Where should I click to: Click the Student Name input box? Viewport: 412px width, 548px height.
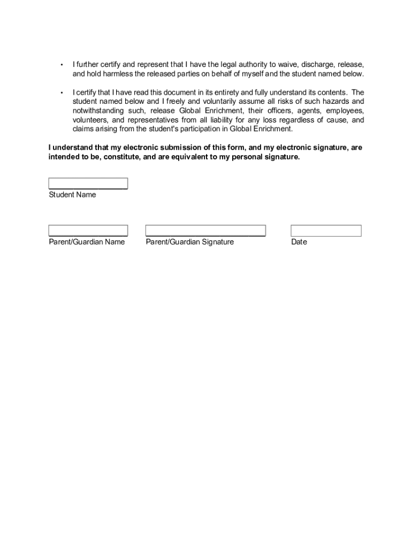88,184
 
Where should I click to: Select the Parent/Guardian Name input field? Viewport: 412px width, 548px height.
88,231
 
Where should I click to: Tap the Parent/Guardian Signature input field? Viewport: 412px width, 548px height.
205,231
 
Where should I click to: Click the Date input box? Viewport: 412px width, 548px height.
326,231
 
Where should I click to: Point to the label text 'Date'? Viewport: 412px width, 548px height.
299,242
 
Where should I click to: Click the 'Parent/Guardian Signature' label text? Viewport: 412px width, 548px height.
189,242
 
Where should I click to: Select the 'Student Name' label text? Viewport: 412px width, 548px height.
72,195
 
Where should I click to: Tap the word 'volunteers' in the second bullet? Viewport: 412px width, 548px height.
90,120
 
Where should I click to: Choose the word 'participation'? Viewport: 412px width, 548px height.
197,129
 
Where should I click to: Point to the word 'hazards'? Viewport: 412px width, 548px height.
335,101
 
